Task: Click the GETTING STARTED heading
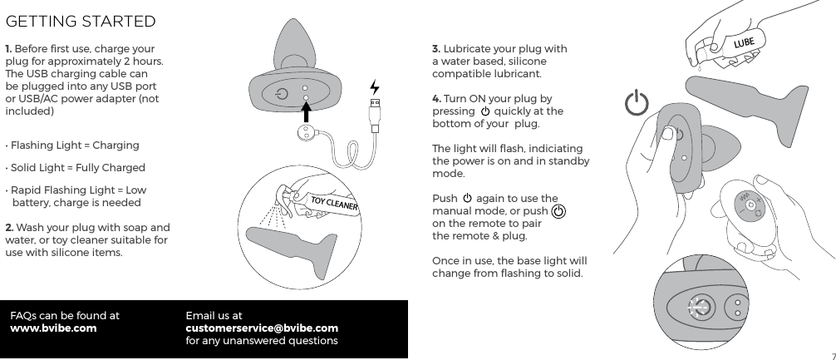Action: click(x=81, y=20)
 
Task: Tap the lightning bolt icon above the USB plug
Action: click(x=375, y=87)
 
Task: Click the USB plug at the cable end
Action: click(x=376, y=113)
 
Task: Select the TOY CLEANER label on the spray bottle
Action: click(x=333, y=205)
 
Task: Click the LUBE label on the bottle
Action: click(x=743, y=42)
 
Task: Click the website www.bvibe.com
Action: click(x=52, y=328)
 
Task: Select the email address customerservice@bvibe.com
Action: click(x=261, y=328)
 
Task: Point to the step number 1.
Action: click(x=8, y=49)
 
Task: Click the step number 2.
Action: click(x=9, y=228)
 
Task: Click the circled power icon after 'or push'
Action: click(x=559, y=211)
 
